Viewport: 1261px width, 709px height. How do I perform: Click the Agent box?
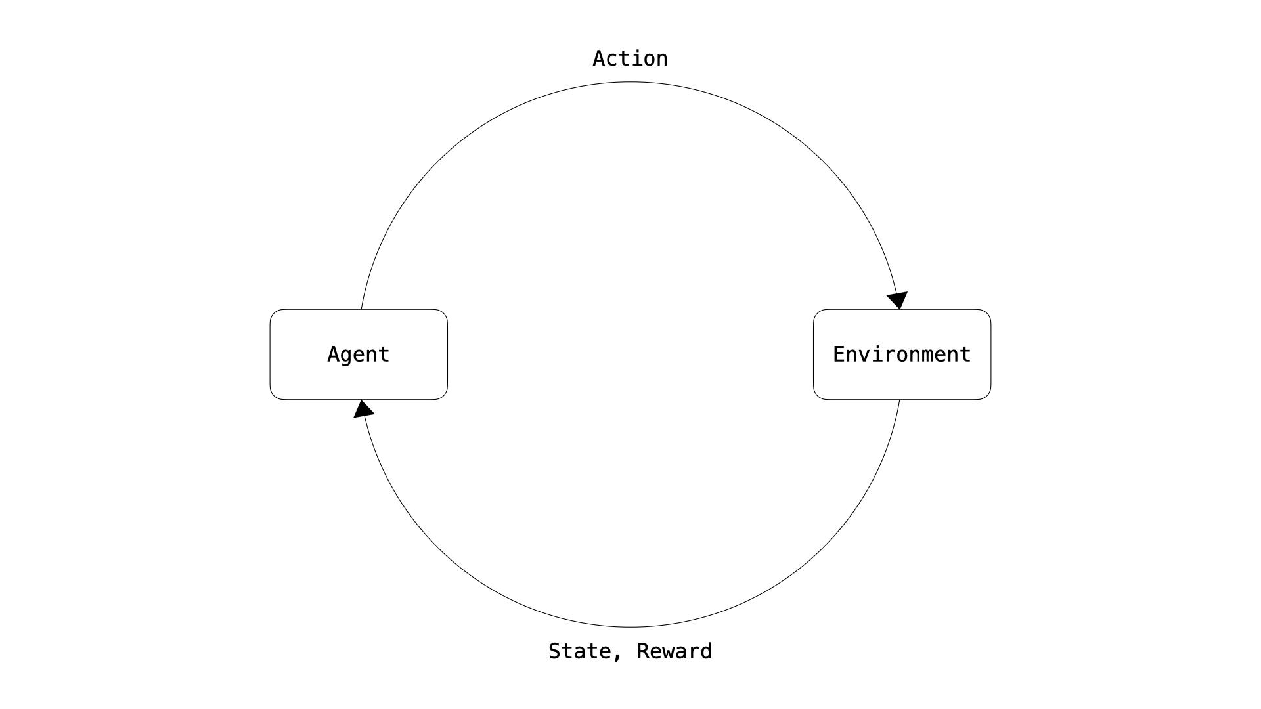[359, 354]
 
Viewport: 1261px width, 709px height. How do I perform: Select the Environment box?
[902, 354]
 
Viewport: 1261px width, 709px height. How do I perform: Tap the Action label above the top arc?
[630, 58]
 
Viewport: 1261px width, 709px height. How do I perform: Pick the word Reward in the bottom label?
[675, 651]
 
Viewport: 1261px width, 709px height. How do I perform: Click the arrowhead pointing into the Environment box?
[897, 300]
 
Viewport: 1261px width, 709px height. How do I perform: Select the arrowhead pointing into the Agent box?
[363, 409]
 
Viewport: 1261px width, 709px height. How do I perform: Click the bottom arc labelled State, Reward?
[630, 627]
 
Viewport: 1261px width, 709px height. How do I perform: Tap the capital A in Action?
[599, 58]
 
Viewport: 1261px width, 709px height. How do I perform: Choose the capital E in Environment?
[839, 354]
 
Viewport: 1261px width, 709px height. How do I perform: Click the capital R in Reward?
[643, 651]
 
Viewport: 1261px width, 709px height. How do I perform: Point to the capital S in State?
[555, 651]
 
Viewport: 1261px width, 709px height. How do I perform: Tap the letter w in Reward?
[675, 652]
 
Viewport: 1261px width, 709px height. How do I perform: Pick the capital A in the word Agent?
[334, 354]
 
